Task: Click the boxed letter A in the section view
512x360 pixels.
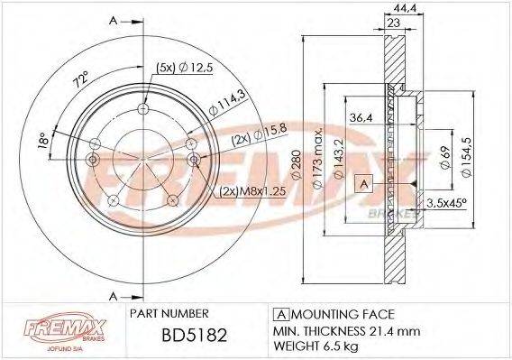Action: click(x=363, y=181)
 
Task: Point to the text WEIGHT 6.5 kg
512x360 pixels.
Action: click(x=317, y=346)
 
